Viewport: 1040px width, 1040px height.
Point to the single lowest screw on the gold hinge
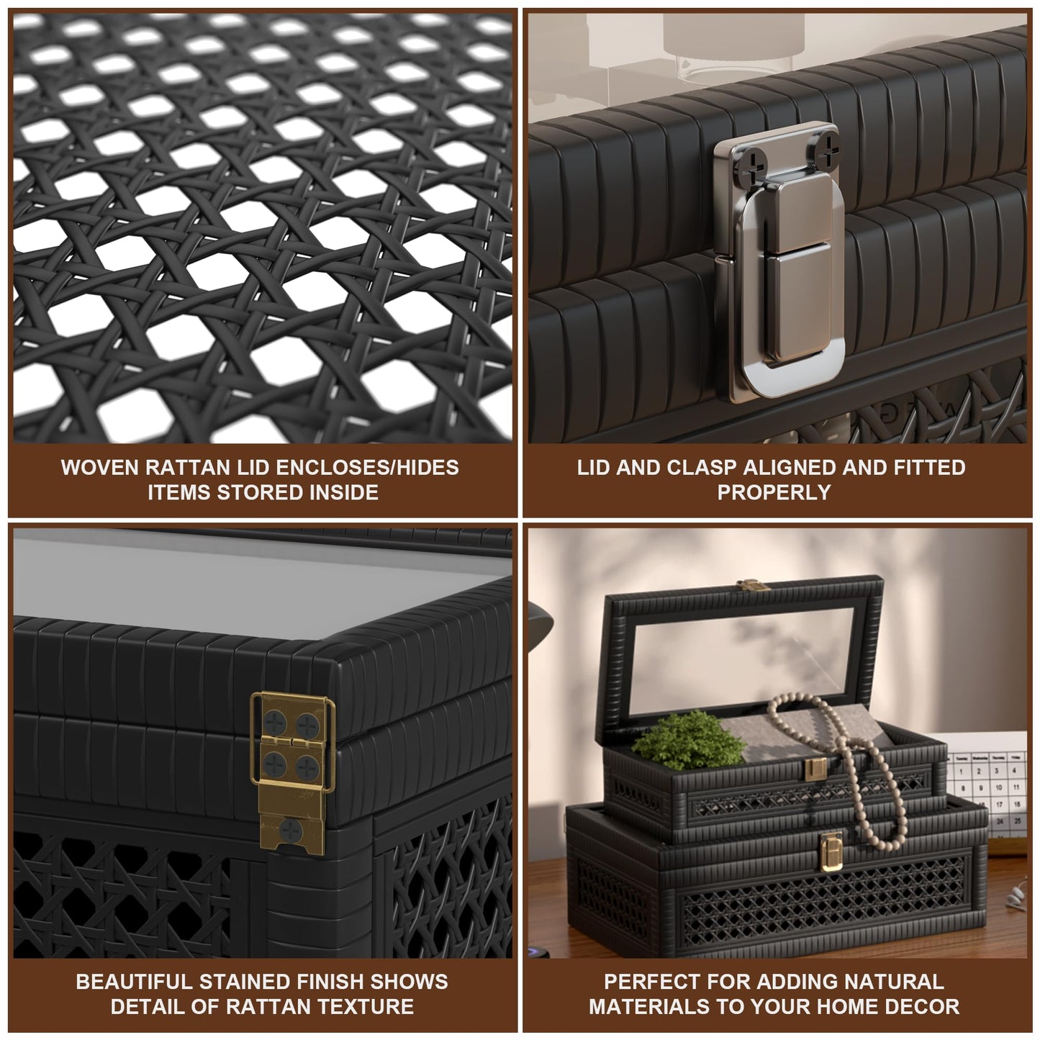[x=291, y=830]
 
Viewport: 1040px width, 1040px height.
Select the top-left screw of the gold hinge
[x=275, y=723]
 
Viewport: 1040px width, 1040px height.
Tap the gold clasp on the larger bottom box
[x=831, y=851]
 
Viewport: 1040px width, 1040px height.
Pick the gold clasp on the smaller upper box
[x=815, y=769]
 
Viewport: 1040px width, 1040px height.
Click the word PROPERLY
[x=774, y=492]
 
